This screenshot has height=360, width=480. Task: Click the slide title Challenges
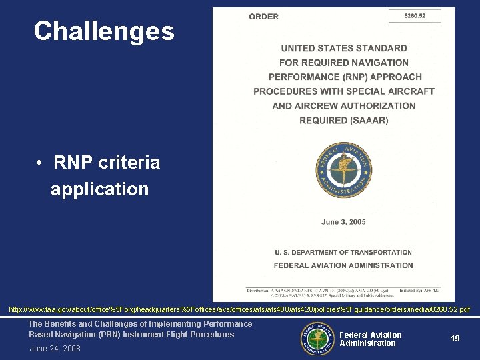pyautogui.click(x=104, y=31)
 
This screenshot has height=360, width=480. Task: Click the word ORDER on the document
pyautogui.click(x=263, y=17)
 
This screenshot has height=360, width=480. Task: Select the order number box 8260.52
pyautogui.click(x=415, y=16)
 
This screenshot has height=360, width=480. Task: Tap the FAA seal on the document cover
pyautogui.click(x=343, y=170)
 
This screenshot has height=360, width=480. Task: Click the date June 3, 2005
pyautogui.click(x=343, y=221)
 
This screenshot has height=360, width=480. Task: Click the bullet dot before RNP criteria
pyautogui.click(x=41, y=163)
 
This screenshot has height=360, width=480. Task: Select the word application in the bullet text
pyautogui.click(x=100, y=189)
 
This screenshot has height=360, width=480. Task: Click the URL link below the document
pyautogui.click(x=239, y=310)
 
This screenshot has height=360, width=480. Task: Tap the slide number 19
pyautogui.click(x=455, y=339)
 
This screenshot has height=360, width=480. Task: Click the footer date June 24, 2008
pyautogui.click(x=55, y=349)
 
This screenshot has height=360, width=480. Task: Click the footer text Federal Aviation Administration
pyautogui.click(x=370, y=339)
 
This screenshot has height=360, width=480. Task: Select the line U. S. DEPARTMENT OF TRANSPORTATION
pyautogui.click(x=343, y=253)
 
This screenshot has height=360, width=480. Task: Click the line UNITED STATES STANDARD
pyautogui.click(x=343, y=48)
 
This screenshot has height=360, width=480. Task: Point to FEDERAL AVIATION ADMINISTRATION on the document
pyautogui.click(x=343, y=265)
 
